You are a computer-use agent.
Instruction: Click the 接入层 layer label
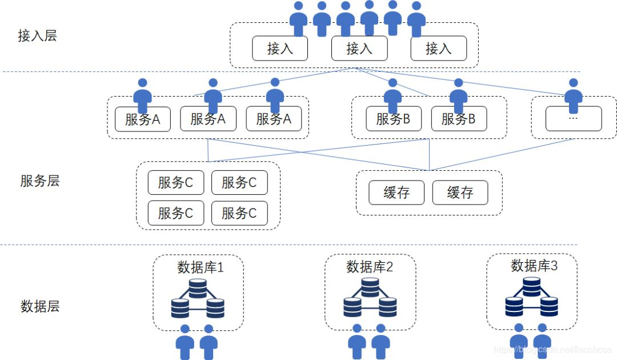pyautogui.click(x=38, y=36)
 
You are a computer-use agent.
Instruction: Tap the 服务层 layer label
pyautogui.click(x=39, y=181)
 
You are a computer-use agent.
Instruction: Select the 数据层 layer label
pyautogui.click(x=39, y=306)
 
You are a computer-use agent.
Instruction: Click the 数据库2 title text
pyautogui.click(x=370, y=266)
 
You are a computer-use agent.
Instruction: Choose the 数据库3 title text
pyautogui.click(x=534, y=265)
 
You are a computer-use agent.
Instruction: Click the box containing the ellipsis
pyautogui.click(x=574, y=119)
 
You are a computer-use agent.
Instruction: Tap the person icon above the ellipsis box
pyautogui.click(x=573, y=94)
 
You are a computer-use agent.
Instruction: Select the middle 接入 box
pyautogui.click(x=359, y=49)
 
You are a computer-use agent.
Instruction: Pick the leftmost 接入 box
pyautogui.click(x=280, y=49)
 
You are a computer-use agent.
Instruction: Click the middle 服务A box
pyautogui.click(x=208, y=119)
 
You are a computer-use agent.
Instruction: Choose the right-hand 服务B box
pyautogui.click(x=459, y=119)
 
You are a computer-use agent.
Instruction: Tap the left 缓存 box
pyautogui.click(x=396, y=193)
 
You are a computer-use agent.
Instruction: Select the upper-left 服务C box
pyautogui.click(x=175, y=183)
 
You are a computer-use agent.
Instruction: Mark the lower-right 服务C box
pyautogui.click(x=239, y=213)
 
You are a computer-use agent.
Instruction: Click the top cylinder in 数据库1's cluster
pyautogui.click(x=198, y=288)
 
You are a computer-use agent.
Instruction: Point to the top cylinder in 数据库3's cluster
pyautogui.click(x=531, y=286)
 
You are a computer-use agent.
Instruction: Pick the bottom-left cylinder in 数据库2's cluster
pyautogui.click(x=352, y=307)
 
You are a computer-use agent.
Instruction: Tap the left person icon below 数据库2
pyautogui.click(x=357, y=341)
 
